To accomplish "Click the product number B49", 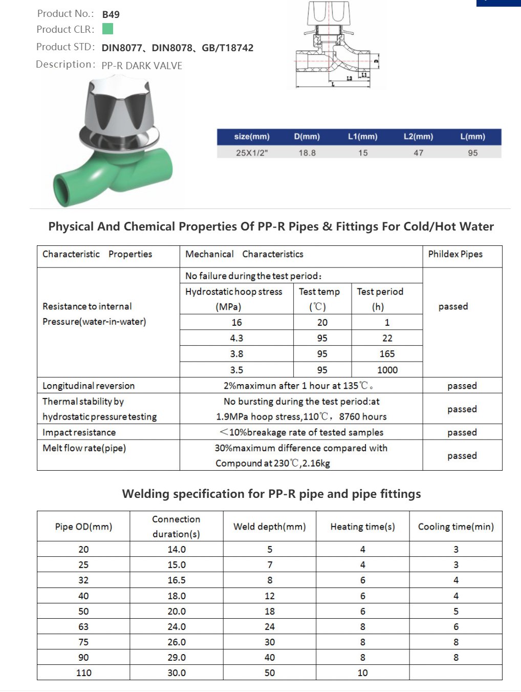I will (111, 14).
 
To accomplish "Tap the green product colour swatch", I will (107, 29).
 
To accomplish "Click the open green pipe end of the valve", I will (65, 191).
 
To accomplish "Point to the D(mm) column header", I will (307, 137).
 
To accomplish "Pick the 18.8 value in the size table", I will (307, 153).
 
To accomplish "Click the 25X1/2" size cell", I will (251, 153).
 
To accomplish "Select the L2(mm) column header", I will (418, 137).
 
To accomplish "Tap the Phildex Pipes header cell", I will (455, 254).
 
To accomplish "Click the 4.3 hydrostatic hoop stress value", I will (236, 338).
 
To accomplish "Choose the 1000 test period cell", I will (387, 370).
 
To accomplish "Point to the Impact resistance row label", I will (79, 432).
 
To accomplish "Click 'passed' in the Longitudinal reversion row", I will (462, 386).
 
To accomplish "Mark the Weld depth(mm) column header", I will (269, 527).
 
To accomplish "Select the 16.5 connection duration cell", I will (177, 580).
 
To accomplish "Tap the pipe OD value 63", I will (83, 626).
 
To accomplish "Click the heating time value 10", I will (362, 673).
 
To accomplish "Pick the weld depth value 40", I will (269, 657).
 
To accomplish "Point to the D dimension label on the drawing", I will (377, 62).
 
